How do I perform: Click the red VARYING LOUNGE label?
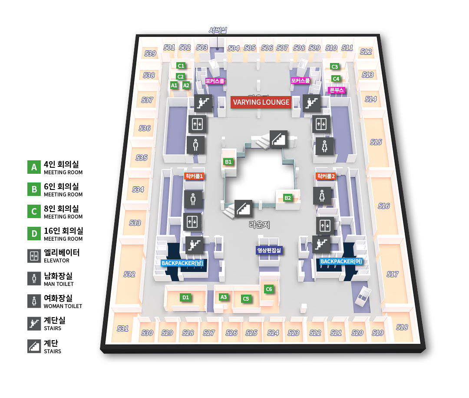pos(261,103)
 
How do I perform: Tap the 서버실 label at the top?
pos(217,30)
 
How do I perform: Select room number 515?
pos(376,142)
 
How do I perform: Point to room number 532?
pos(129,274)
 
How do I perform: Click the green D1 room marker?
pos(185,298)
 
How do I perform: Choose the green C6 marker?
pos(269,289)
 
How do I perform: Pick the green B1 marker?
pos(228,162)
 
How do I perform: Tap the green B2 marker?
pos(287,198)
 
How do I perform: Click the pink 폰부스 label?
pos(337,90)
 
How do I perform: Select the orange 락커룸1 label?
pos(194,176)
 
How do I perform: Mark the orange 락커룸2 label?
pos(326,176)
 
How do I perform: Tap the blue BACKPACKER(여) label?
pos(341,262)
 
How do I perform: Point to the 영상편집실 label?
pos(269,250)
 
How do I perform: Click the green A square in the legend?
pos(34,167)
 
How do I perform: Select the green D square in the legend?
pos(34,234)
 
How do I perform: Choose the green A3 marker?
pos(223,297)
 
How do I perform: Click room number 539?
pos(150,53)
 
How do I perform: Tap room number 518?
pos(402,327)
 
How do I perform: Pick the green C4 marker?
pos(336,79)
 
